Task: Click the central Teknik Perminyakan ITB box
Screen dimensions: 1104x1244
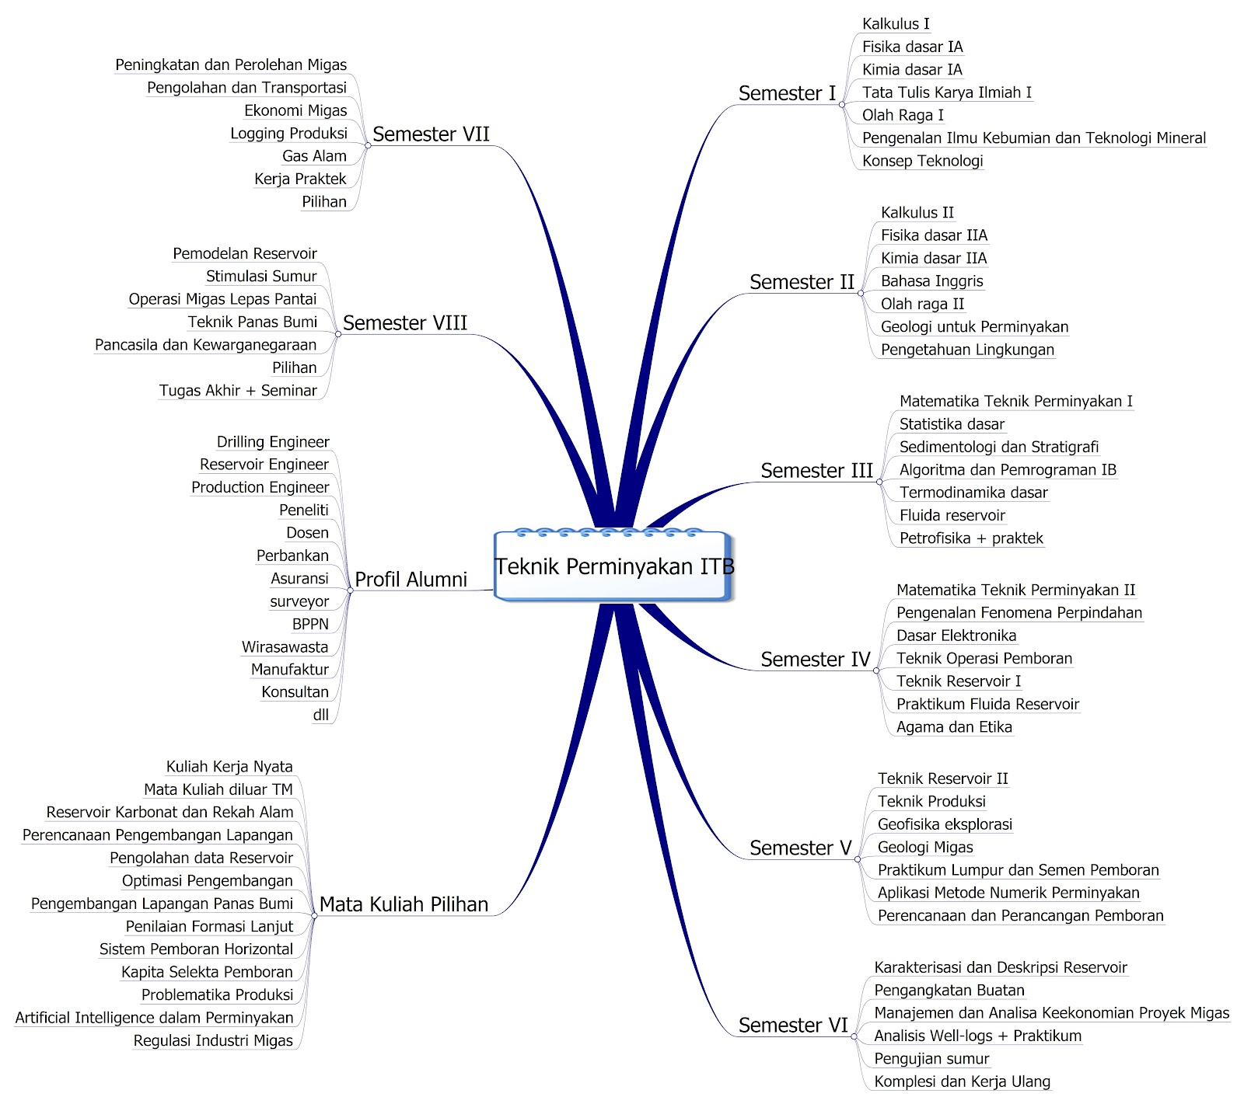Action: coord(614,566)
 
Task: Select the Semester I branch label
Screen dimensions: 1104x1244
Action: coord(787,93)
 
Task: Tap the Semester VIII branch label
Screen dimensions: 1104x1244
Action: coord(405,323)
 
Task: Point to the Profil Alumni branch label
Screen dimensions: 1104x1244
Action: coord(411,580)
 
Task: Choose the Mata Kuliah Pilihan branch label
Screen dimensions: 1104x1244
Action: coord(404,904)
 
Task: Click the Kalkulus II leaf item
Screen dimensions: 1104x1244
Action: coord(917,213)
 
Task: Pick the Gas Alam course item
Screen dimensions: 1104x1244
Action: coord(314,156)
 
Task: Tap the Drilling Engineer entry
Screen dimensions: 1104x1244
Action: coord(273,442)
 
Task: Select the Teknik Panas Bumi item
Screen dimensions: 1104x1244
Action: coord(253,322)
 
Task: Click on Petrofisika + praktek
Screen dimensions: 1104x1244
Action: coord(971,538)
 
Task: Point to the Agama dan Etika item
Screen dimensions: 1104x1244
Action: coord(954,727)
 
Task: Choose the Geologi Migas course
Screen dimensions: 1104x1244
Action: coord(925,848)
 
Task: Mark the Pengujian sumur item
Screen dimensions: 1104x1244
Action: coord(931,1059)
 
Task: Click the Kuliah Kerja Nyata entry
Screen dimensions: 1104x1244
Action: coord(229,767)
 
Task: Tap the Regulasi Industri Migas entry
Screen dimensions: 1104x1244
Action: coord(213,1041)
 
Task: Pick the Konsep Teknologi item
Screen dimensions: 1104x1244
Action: coord(922,161)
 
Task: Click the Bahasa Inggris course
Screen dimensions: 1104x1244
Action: coord(931,281)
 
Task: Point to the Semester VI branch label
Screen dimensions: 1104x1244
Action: coord(793,1026)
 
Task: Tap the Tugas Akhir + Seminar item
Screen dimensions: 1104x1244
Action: coord(238,391)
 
